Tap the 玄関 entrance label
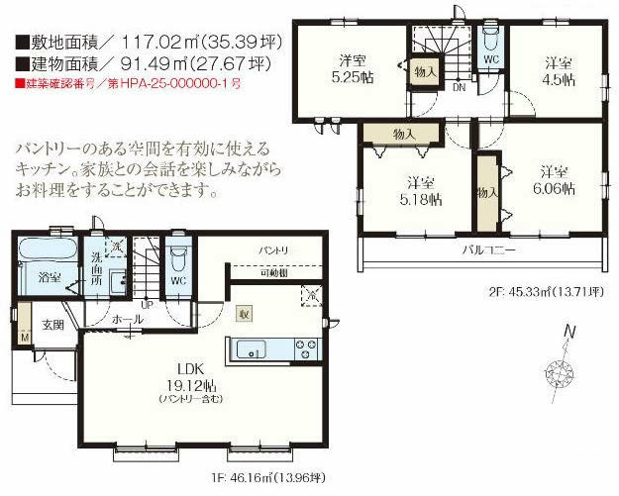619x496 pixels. point(52,325)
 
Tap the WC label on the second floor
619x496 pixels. point(491,58)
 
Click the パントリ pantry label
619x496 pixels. point(274,251)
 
